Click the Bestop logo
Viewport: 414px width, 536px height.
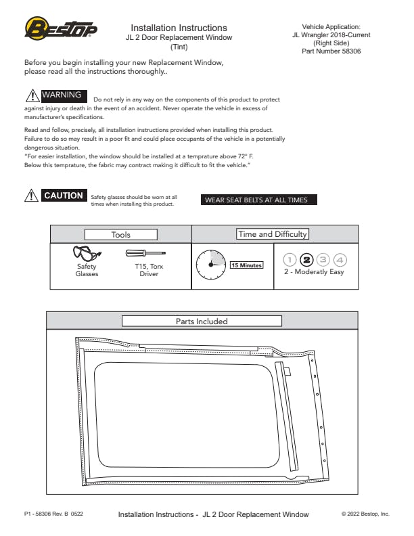(x=61, y=28)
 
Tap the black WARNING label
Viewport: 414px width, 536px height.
(x=64, y=95)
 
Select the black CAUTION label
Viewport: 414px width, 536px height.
(x=64, y=195)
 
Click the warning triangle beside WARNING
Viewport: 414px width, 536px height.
(x=32, y=95)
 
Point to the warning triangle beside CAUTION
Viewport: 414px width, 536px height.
(x=31, y=196)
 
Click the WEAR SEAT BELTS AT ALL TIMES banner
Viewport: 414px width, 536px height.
(x=258, y=200)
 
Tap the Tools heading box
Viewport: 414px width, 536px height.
(x=121, y=234)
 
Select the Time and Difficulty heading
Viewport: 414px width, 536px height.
(x=272, y=234)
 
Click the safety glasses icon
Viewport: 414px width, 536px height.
(x=87, y=253)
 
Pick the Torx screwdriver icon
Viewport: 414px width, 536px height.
(x=145, y=253)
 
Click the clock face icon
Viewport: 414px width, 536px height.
(x=211, y=265)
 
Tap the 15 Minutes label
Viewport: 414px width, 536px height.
(x=247, y=265)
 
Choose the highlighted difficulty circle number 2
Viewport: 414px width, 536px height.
(x=306, y=260)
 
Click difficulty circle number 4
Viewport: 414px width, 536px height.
(x=340, y=260)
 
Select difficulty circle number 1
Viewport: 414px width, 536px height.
(x=290, y=260)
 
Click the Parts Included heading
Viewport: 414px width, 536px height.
(x=202, y=321)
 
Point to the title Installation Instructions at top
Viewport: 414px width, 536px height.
(x=179, y=28)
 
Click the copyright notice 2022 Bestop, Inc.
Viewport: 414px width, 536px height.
(x=365, y=514)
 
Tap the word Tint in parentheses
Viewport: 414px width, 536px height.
(x=179, y=47)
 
